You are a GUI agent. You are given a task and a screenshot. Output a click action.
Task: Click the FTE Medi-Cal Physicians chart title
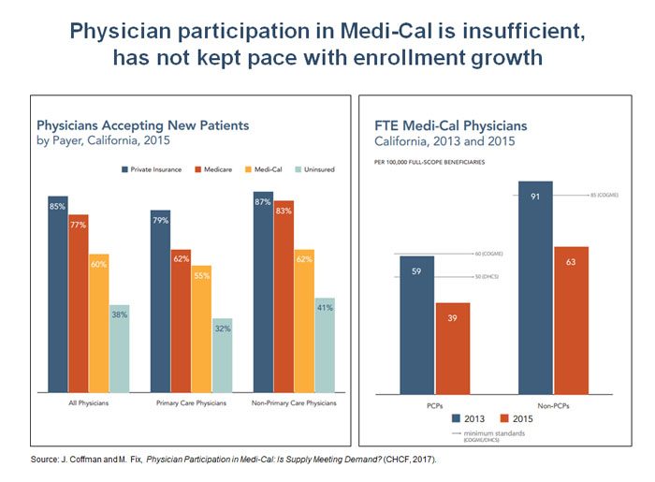450,125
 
